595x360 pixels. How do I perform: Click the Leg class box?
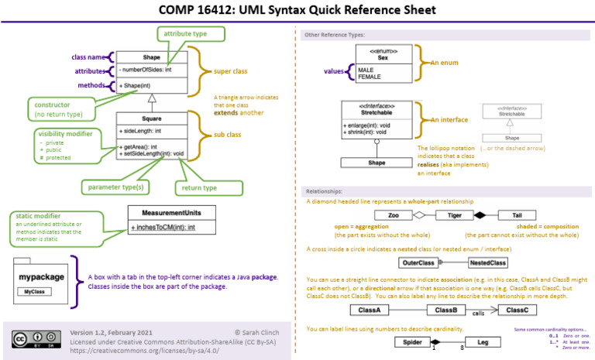click(482, 341)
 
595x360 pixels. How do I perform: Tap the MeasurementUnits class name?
click(171, 213)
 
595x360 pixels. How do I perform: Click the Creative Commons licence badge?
click(36, 338)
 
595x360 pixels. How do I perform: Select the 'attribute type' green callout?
click(191, 33)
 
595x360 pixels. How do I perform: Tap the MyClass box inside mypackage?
click(33, 292)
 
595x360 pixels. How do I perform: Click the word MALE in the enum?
click(366, 70)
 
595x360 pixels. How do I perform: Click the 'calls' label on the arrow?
click(479, 314)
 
